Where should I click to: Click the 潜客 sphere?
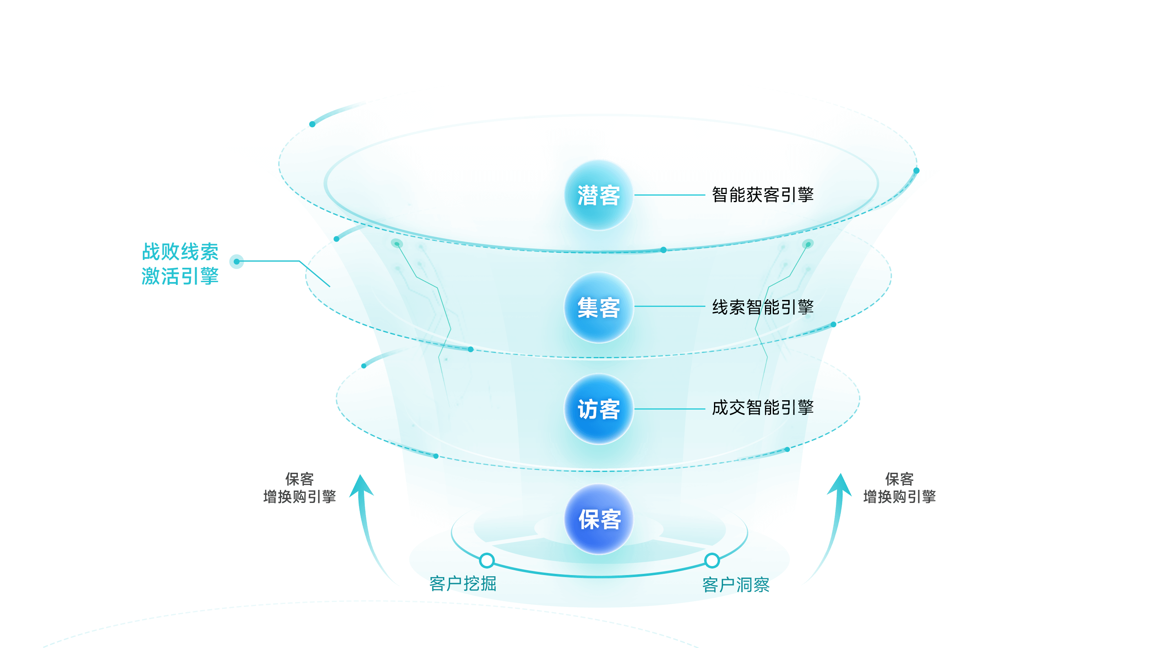[x=599, y=195]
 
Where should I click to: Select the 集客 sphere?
[x=599, y=308]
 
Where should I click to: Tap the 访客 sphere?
[x=599, y=409]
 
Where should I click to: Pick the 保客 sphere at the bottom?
[x=599, y=519]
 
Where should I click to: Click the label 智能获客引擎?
[x=763, y=195]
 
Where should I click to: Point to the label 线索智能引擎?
[x=763, y=308]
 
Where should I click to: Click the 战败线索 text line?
[x=180, y=251]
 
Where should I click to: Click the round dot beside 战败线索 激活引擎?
[x=236, y=262]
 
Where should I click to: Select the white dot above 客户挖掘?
[x=487, y=560]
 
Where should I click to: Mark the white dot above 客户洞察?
[x=712, y=560]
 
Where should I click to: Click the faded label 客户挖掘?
[x=463, y=583]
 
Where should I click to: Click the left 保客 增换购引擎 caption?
[x=300, y=487]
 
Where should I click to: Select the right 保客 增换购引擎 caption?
[x=899, y=487]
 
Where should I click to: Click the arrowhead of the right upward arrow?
[x=840, y=484]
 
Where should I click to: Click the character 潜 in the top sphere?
[x=587, y=196]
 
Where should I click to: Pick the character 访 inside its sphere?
[x=587, y=409]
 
